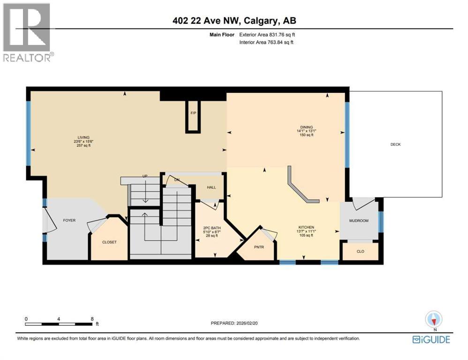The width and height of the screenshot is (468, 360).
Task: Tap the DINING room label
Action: [307, 127]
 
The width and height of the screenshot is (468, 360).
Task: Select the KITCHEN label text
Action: [305, 227]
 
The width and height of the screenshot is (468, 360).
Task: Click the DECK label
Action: [395, 144]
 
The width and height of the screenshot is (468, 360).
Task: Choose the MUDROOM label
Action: [359, 220]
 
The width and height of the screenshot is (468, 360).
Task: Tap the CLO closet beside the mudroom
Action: [360, 251]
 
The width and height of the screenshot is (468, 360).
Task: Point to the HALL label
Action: [211, 187]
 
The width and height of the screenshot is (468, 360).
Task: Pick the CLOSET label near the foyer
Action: [109, 242]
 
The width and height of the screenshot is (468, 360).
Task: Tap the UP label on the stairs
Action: [145, 177]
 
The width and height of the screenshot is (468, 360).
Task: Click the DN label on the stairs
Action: [177, 180]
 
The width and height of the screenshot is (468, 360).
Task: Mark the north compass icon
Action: [433, 320]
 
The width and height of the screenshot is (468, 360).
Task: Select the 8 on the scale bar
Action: [92, 319]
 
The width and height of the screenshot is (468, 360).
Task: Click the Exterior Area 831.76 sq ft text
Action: [267, 34]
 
